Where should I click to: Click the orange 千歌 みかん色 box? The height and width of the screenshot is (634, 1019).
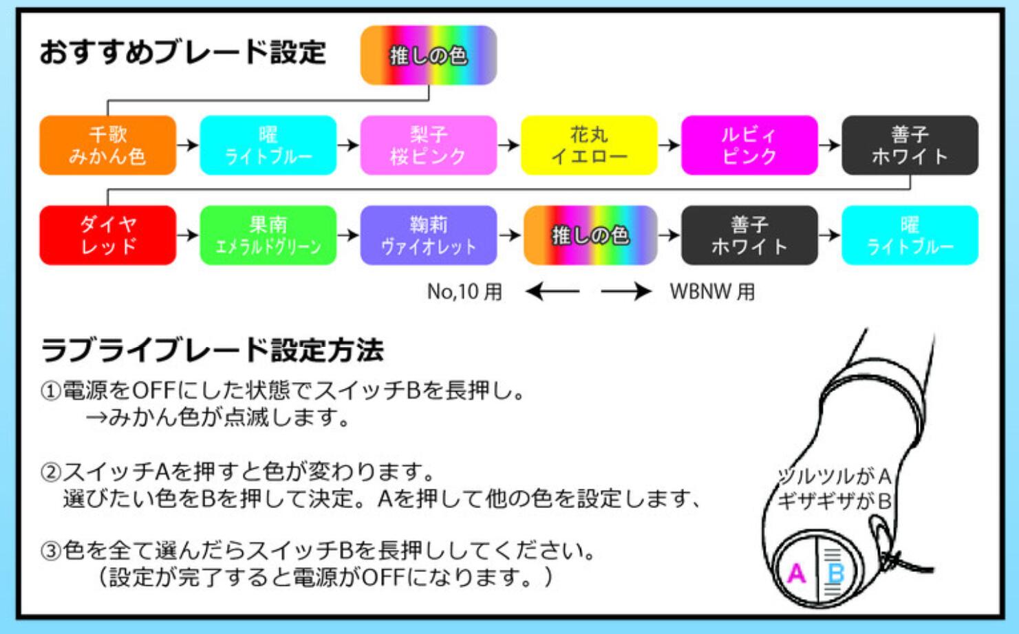coord(107,145)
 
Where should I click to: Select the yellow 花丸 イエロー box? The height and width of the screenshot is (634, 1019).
coord(589,145)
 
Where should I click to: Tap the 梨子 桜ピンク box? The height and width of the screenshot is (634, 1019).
coord(428,145)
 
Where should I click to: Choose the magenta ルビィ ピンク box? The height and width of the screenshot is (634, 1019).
coord(749,145)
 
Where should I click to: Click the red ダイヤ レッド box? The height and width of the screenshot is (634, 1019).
coord(107,235)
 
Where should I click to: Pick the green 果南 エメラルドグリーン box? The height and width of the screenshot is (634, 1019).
coord(268,235)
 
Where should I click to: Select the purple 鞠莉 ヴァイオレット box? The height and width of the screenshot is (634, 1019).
coord(428,235)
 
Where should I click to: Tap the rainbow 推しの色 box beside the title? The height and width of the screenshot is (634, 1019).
coord(428,55)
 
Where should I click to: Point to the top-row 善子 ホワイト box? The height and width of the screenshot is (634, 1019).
coord(910,145)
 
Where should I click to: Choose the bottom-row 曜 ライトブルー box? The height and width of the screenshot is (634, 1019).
coord(910,235)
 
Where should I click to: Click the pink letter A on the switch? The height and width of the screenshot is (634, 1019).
coord(796,573)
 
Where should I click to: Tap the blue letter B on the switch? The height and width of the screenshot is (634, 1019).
coord(836,573)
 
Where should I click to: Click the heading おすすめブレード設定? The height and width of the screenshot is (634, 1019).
coord(182,52)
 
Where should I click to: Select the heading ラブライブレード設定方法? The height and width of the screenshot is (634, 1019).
coord(212,350)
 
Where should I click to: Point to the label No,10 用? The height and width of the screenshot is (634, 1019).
coord(464,292)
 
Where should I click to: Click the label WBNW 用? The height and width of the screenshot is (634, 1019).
coord(712,292)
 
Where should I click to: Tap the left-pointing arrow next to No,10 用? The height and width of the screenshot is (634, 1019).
coord(553,292)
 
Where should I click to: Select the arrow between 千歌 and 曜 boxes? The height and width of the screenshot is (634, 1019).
coord(187,145)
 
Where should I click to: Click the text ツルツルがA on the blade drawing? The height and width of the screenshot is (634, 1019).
coord(834,476)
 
